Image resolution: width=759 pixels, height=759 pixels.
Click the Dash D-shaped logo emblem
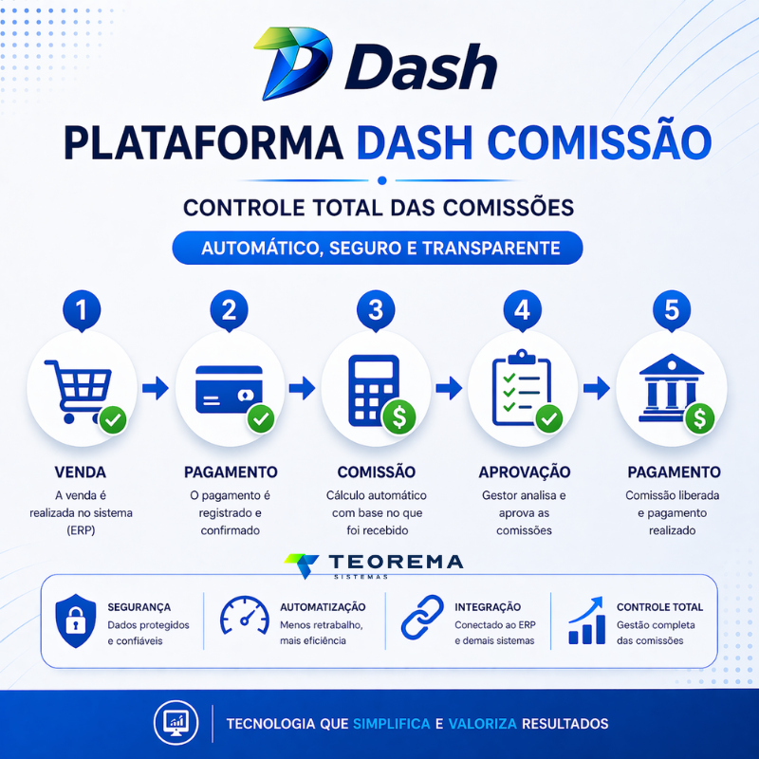(x=293, y=63)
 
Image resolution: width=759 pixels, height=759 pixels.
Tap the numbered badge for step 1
(x=82, y=310)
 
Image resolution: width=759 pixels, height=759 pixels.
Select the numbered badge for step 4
(x=523, y=310)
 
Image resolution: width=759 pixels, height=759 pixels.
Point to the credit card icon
(x=229, y=389)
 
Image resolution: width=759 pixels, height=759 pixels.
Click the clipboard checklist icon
(x=521, y=387)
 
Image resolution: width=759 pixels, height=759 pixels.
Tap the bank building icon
(x=671, y=388)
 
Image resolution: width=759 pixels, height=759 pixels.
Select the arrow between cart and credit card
(x=156, y=388)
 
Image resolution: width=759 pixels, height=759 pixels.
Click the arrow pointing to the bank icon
(x=597, y=388)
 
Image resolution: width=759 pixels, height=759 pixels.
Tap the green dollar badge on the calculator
(x=399, y=417)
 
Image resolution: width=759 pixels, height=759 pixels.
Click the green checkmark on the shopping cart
(x=113, y=419)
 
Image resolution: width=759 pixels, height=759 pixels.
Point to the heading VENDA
(x=81, y=472)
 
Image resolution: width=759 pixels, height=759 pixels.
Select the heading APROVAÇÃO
(x=525, y=472)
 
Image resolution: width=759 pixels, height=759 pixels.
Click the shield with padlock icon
(x=76, y=621)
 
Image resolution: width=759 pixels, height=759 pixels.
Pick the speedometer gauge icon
(x=245, y=614)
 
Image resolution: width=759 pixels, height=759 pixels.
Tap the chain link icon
(x=422, y=618)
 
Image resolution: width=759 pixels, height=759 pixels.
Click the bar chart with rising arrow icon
(x=586, y=620)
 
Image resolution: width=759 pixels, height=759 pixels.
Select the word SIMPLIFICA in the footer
(x=392, y=724)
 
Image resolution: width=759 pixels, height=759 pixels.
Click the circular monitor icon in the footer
(x=176, y=723)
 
